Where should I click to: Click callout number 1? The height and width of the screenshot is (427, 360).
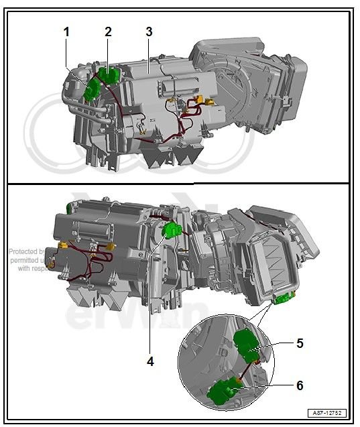click(66, 32)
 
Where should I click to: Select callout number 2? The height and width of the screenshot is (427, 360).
click(108, 32)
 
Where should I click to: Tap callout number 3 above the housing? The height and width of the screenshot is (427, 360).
click(149, 32)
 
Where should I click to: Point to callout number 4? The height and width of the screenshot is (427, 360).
click(150, 361)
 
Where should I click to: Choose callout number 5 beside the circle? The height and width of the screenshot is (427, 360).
click(299, 343)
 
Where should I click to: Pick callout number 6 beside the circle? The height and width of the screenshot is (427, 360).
click(299, 385)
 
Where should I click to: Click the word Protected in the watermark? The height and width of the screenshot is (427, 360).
click(22, 252)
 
